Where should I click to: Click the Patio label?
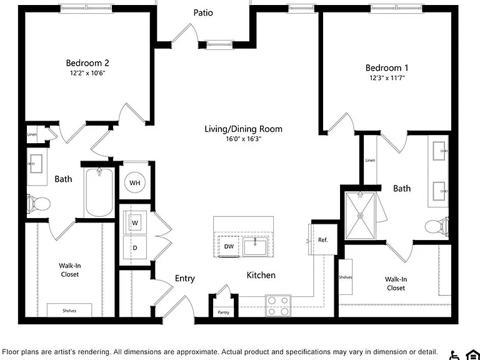[x=203, y=13]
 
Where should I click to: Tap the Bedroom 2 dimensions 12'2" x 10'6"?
[x=87, y=73]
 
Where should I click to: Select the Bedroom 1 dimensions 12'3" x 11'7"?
[x=387, y=77]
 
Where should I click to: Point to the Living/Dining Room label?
[x=243, y=129]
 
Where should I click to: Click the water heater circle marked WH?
[x=135, y=182]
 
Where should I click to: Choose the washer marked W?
[x=135, y=222]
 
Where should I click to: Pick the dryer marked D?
[x=135, y=247]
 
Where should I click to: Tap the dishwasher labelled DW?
[x=229, y=246]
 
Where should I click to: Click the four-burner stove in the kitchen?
[x=278, y=306]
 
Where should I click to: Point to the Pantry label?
[x=224, y=312]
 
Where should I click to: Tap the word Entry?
[x=185, y=279]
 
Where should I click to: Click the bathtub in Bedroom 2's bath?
[x=99, y=192]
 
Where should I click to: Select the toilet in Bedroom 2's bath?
[x=39, y=203]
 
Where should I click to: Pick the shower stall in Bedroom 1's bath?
[x=360, y=216]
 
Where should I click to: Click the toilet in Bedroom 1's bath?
[x=437, y=227]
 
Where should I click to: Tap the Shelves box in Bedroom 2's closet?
[x=69, y=310]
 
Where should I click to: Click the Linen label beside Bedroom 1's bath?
[x=370, y=160]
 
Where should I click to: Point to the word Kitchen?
[x=261, y=275]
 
